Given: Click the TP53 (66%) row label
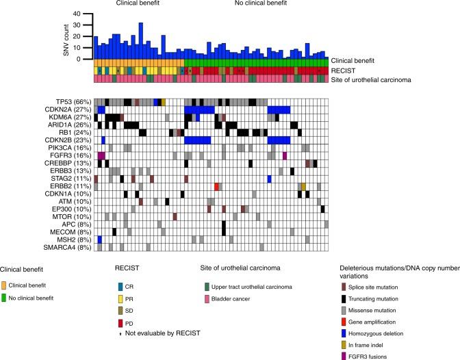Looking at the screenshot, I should [x=73, y=102].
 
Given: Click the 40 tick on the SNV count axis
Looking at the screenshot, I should [x=85, y=14].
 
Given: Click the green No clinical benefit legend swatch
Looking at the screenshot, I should [x=5, y=297].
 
